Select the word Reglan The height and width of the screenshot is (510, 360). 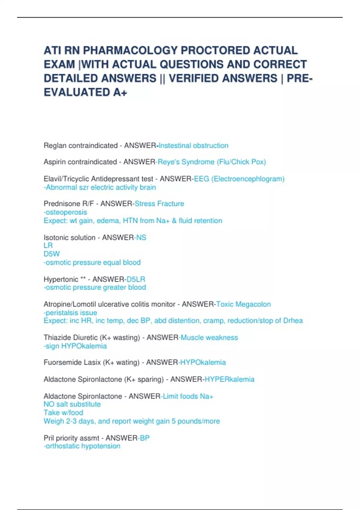pyautogui.click(x=55, y=146)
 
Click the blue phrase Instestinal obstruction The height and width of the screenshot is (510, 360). pyautogui.click(x=193, y=146)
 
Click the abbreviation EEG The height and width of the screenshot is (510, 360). pyautogui.click(x=201, y=179)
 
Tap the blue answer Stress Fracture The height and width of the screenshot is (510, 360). pyautogui.click(x=159, y=204)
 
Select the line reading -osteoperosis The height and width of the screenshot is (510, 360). pyautogui.click(x=65, y=212)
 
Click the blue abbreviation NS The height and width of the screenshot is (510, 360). pyautogui.click(x=141, y=238)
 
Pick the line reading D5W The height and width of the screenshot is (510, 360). pyautogui.click(x=52, y=254)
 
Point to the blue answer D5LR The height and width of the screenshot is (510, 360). pyautogui.click(x=136, y=279)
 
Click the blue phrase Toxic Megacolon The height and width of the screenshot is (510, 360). pyautogui.click(x=243, y=304)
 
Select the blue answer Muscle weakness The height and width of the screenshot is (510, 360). pyautogui.click(x=209, y=337)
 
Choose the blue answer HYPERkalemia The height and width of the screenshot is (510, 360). pyautogui.click(x=229, y=379)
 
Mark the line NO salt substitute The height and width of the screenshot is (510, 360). pyautogui.click(x=72, y=404)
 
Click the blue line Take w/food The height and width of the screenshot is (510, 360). pyautogui.click(x=63, y=412)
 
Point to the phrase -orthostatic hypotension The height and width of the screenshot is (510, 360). pyautogui.click(x=82, y=446)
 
